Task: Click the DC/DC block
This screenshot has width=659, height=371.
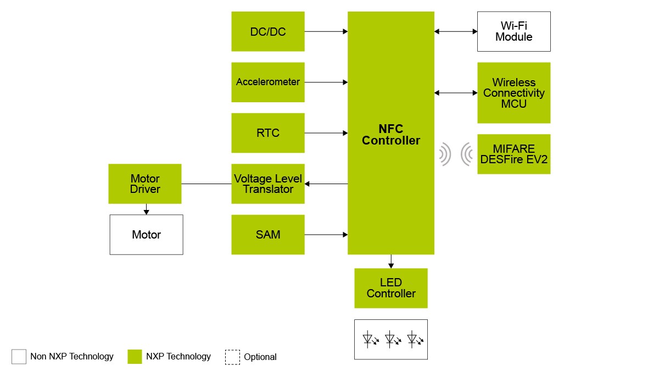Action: pyautogui.click(x=268, y=31)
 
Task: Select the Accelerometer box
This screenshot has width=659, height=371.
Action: pyautogui.click(x=268, y=82)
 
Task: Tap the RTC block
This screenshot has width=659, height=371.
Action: pyautogui.click(x=268, y=133)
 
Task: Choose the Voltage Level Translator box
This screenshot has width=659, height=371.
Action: pyautogui.click(x=268, y=184)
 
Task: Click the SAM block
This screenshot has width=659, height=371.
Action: pyautogui.click(x=268, y=235)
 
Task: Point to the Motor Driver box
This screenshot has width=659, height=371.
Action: pyautogui.click(x=145, y=184)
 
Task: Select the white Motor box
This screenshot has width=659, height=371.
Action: pyautogui.click(x=146, y=235)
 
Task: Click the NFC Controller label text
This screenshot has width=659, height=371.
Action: pyautogui.click(x=390, y=135)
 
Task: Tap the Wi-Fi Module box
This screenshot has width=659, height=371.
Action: pyautogui.click(x=513, y=31)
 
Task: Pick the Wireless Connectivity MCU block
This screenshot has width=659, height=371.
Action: pyautogui.click(x=513, y=92)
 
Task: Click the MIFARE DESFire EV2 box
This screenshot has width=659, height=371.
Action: pyautogui.click(x=513, y=154)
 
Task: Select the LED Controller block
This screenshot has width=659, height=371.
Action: pyautogui.click(x=390, y=288)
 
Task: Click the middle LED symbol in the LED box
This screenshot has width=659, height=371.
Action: pyautogui.click(x=391, y=339)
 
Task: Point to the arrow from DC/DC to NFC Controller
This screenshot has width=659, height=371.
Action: pyautogui.click(x=326, y=31)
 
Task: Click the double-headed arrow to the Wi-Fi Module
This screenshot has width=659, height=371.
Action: pyautogui.click(x=456, y=31)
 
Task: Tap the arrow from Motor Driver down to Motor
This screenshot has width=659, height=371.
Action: pyautogui.click(x=146, y=209)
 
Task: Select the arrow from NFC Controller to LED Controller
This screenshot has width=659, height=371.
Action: pyautogui.click(x=390, y=261)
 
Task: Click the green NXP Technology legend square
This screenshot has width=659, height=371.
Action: pyautogui.click(x=135, y=357)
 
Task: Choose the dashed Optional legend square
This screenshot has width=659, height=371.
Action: pyautogui.click(x=232, y=357)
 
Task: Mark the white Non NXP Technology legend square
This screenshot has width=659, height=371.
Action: pyautogui.click(x=19, y=357)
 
